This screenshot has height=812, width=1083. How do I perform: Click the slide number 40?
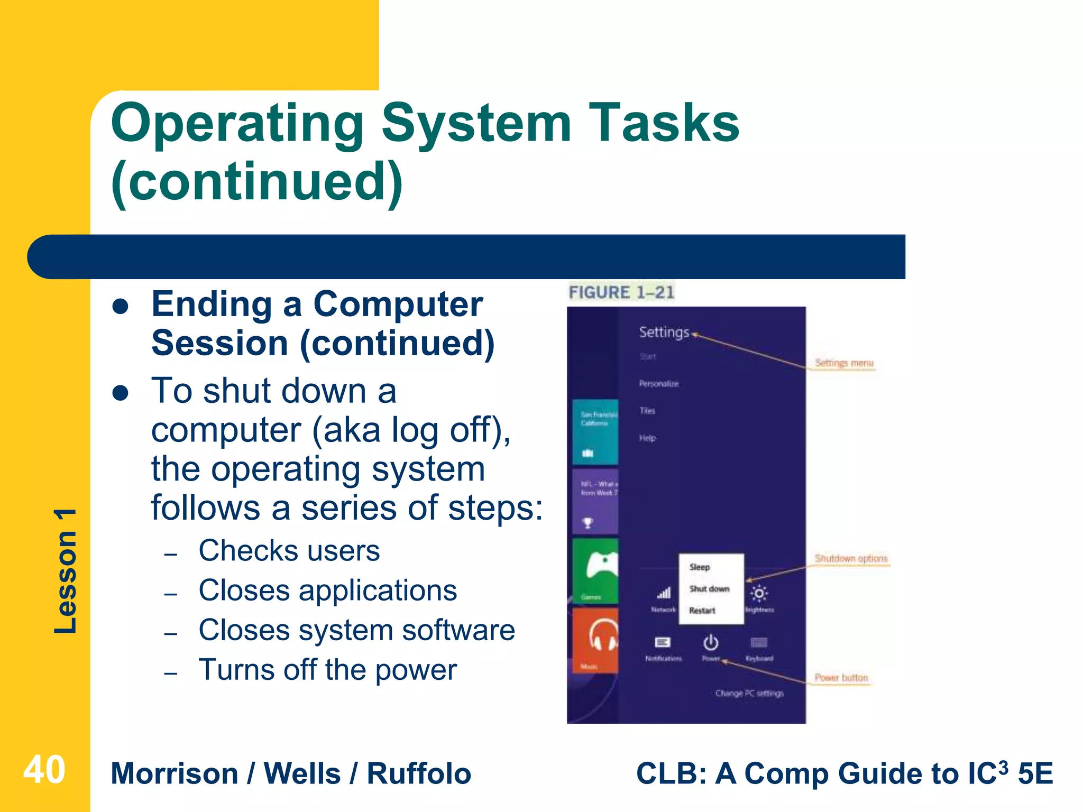(x=44, y=770)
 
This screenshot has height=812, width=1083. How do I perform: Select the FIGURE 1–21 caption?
(x=621, y=292)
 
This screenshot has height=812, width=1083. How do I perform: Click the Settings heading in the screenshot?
(x=664, y=332)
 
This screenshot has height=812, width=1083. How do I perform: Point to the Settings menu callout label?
(x=844, y=363)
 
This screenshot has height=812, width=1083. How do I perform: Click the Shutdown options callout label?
(x=851, y=558)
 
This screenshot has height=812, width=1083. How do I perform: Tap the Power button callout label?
(x=841, y=677)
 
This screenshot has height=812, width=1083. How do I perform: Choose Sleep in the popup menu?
(x=700, y=567)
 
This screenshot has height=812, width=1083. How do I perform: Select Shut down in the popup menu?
(x=709, y=588)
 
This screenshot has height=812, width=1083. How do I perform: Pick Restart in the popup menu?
(x=702, y=610)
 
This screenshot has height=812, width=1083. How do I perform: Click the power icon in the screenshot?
(x=711, y=643)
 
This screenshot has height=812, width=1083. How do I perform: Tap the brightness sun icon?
(x=759, y=594)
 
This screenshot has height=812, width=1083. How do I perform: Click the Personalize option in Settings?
(x=659, y=383)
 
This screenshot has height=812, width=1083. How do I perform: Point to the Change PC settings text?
(x=749, y=693)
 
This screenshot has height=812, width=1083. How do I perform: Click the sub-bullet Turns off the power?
(x=327, y=670)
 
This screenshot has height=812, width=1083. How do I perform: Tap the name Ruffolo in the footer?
(x=419, y=773)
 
